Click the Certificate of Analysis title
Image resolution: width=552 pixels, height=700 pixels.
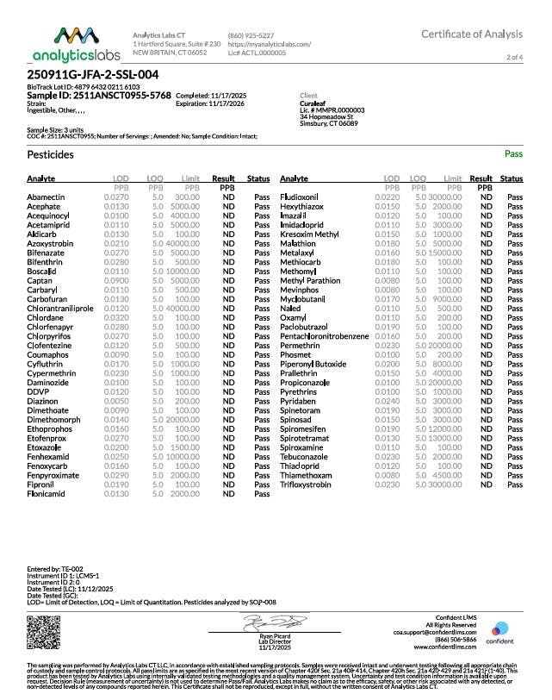[x=472, y=34]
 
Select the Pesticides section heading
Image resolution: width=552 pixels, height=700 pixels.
[x=51, y=155]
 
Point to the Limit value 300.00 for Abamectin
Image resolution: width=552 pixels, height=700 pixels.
[x=187, y=197]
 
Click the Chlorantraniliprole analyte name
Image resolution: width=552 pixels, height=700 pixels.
[x=59, y=308]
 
